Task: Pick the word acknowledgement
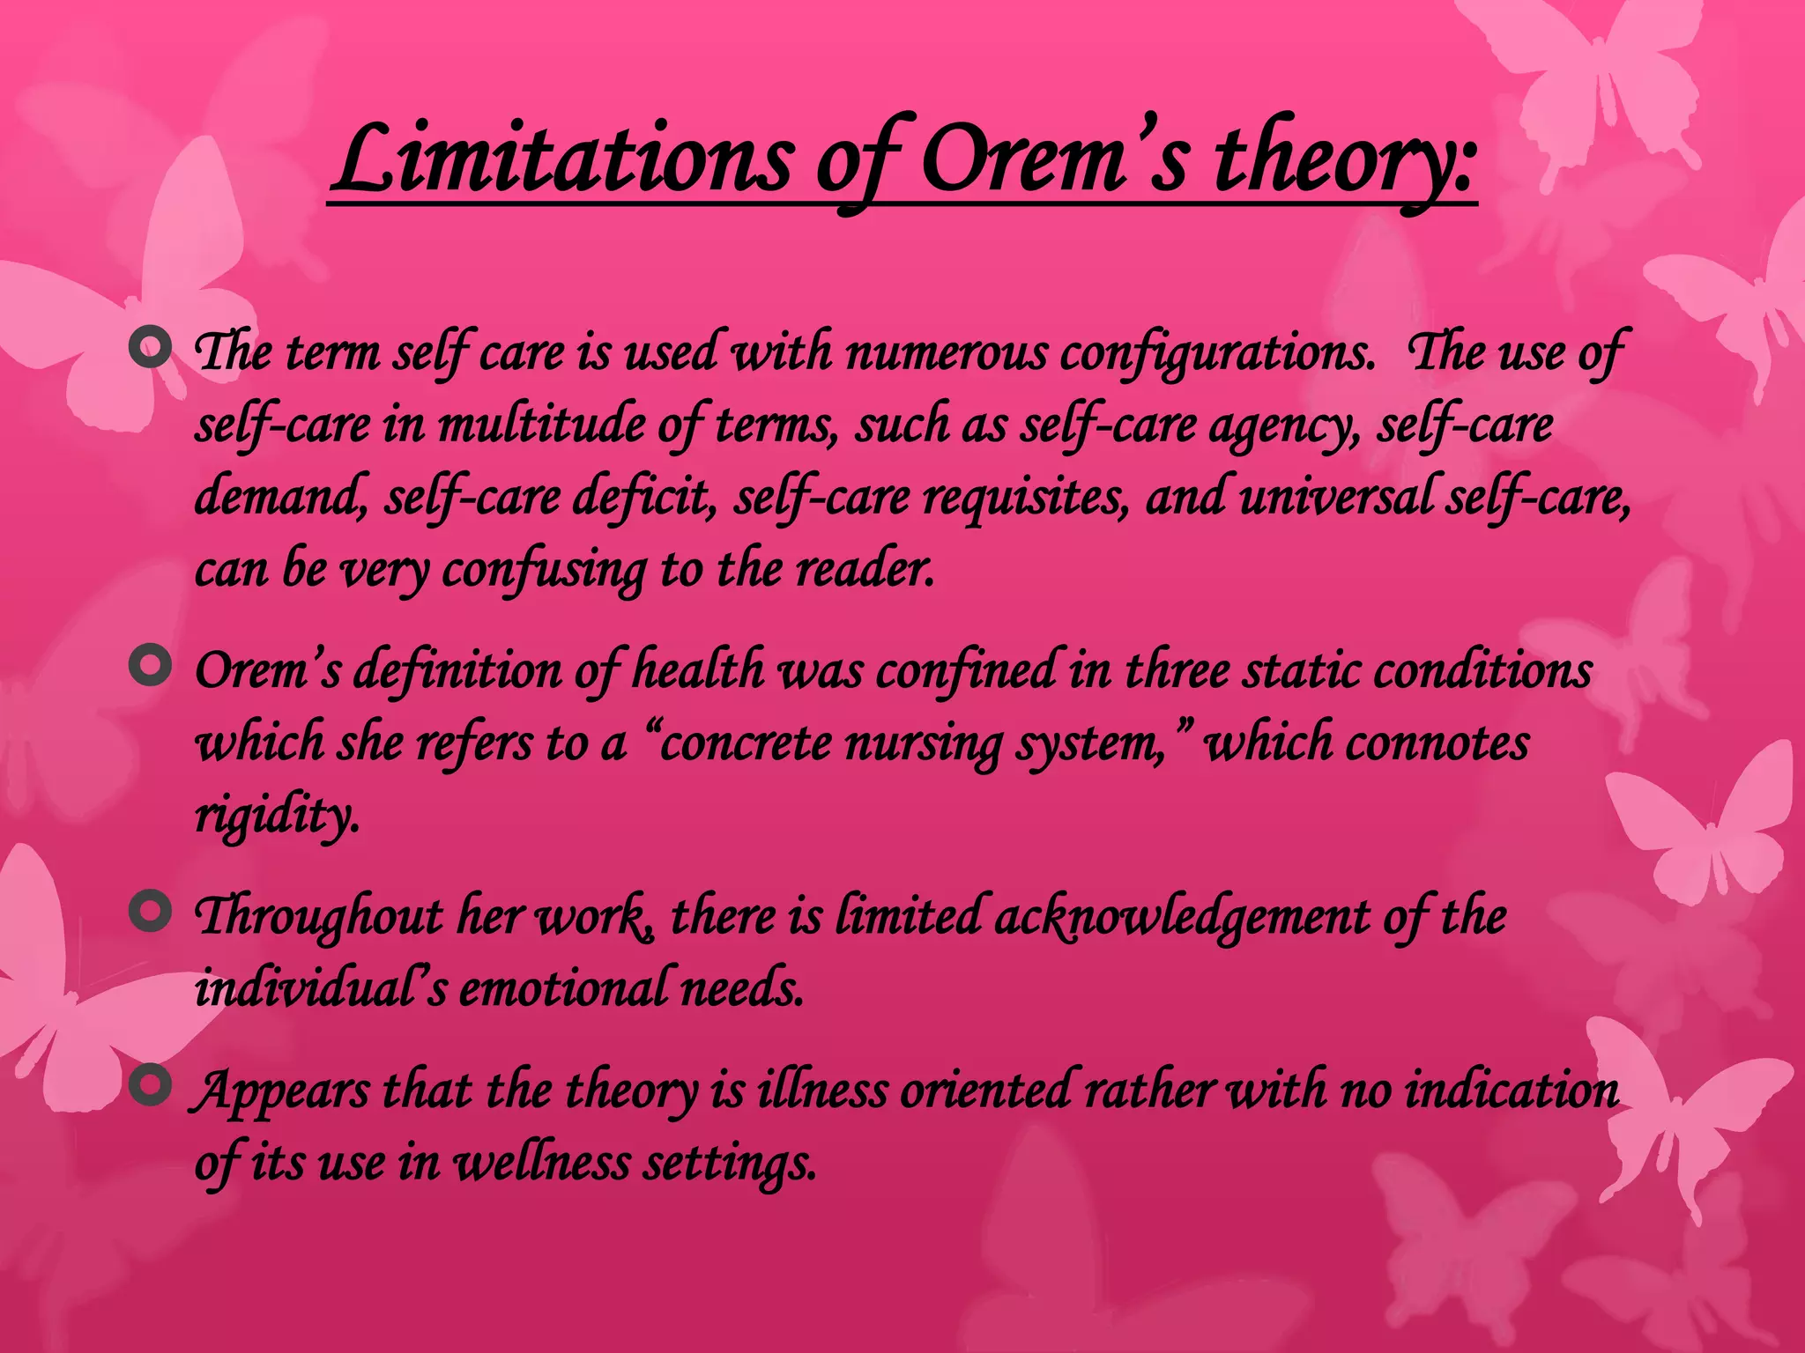pos(1181,916)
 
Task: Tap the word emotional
pos(563,988)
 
